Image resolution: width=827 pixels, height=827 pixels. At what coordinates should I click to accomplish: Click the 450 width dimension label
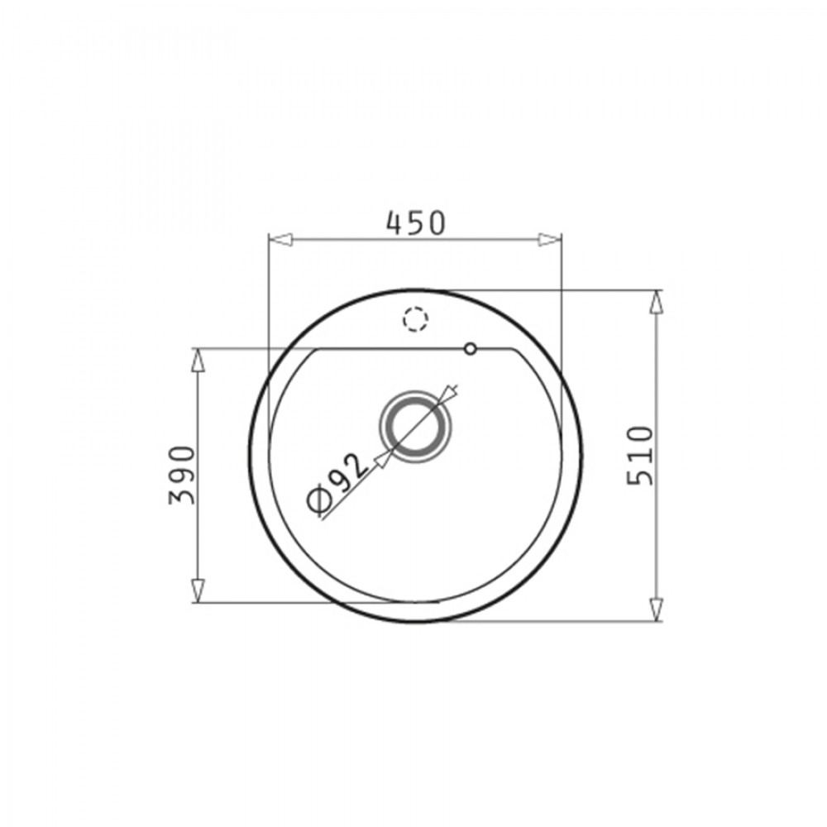tap(416, 223)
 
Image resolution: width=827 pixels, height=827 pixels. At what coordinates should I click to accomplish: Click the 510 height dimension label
tap(641, 456)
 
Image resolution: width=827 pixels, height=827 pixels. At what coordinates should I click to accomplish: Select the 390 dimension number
tap(182, 476)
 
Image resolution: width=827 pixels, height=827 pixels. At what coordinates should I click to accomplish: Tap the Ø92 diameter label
tap(337, 483)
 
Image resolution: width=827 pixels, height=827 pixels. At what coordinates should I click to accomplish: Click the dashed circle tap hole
tap(415, 319)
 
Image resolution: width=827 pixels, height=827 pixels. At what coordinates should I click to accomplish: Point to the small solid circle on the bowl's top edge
tap(470, 349)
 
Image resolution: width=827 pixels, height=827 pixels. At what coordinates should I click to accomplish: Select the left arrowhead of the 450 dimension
tap(280, 240)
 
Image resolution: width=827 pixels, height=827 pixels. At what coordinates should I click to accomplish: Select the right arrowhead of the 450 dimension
tap(550, 240)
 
